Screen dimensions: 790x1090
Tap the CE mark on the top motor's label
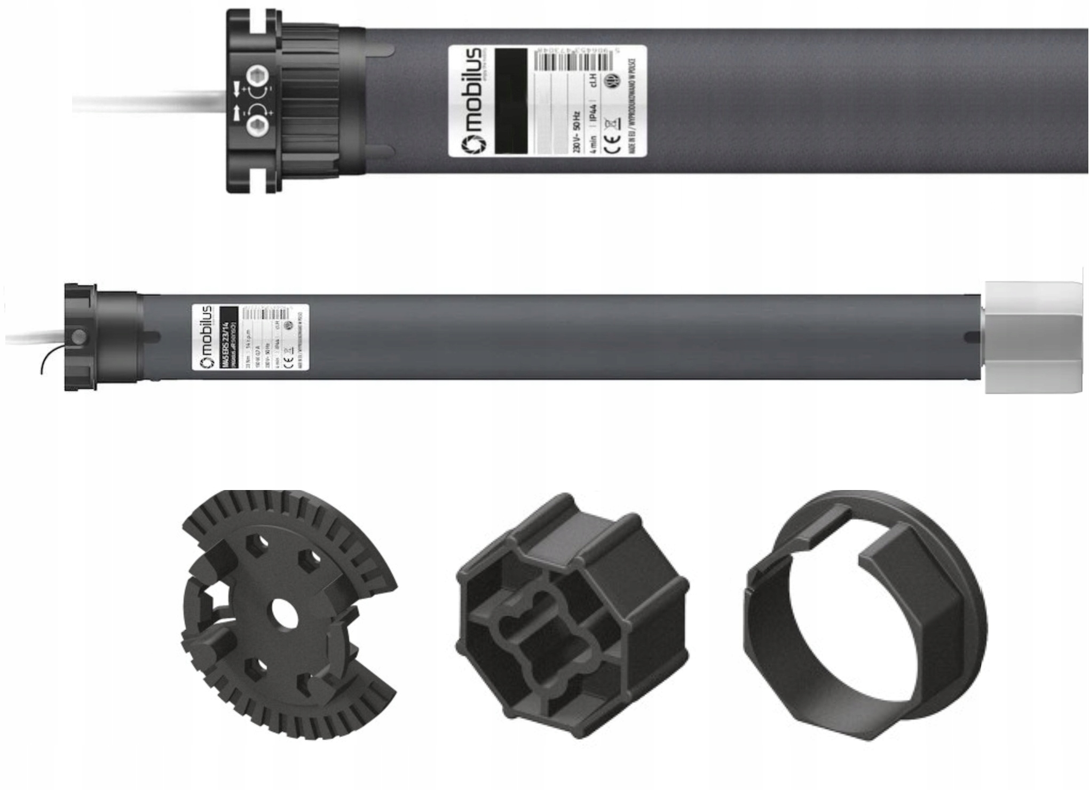click(614, 140)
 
